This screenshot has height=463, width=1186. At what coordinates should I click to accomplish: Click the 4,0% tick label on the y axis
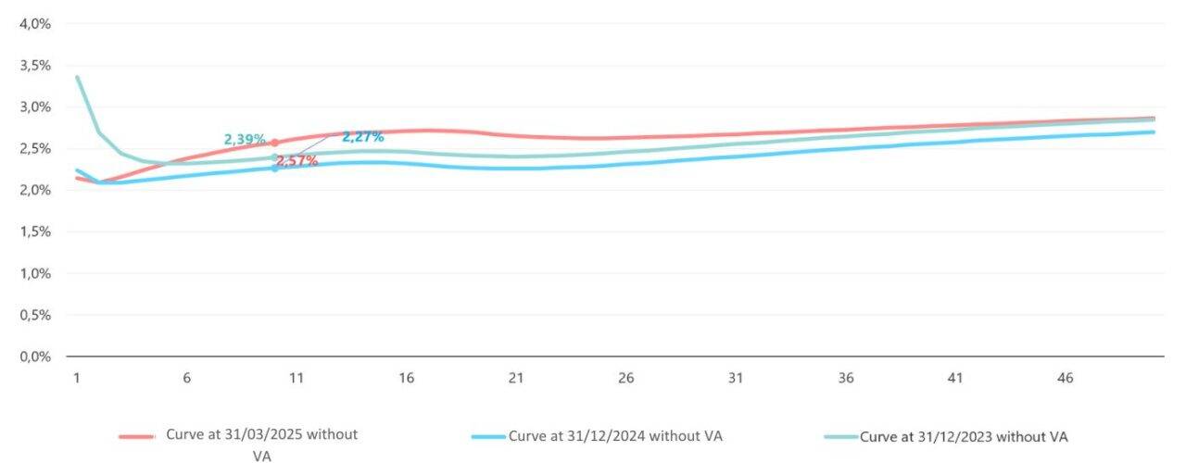pos(35,24)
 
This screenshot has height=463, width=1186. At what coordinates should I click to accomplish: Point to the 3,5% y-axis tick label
pos(35,66)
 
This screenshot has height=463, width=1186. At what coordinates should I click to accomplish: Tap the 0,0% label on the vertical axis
pos(35,357)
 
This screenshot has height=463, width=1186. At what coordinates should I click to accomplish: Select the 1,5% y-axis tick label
pos(35,231)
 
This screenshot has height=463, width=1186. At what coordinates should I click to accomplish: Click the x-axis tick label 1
pos(77,378)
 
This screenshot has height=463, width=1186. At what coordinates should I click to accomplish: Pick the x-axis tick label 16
pos(406,378)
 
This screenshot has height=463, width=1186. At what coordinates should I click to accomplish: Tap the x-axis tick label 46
pos(1066,378)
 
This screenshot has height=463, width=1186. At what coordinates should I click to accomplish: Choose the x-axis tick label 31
pos(736,378)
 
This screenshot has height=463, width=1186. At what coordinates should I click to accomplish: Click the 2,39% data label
pos(245,140)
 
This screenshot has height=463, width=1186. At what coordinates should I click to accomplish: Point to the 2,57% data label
pos(297,161)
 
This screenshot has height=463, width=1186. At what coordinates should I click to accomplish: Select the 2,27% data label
pos(363,137)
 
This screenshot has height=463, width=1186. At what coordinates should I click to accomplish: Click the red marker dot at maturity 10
pos(274,143)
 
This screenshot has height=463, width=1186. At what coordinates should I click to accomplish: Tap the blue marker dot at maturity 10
pos(274,168)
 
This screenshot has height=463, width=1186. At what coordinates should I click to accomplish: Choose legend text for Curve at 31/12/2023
pos(965,436)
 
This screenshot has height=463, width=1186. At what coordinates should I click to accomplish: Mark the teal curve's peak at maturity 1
pos(78,77)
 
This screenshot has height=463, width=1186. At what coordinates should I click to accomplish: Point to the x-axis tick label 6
pos(186,378)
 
